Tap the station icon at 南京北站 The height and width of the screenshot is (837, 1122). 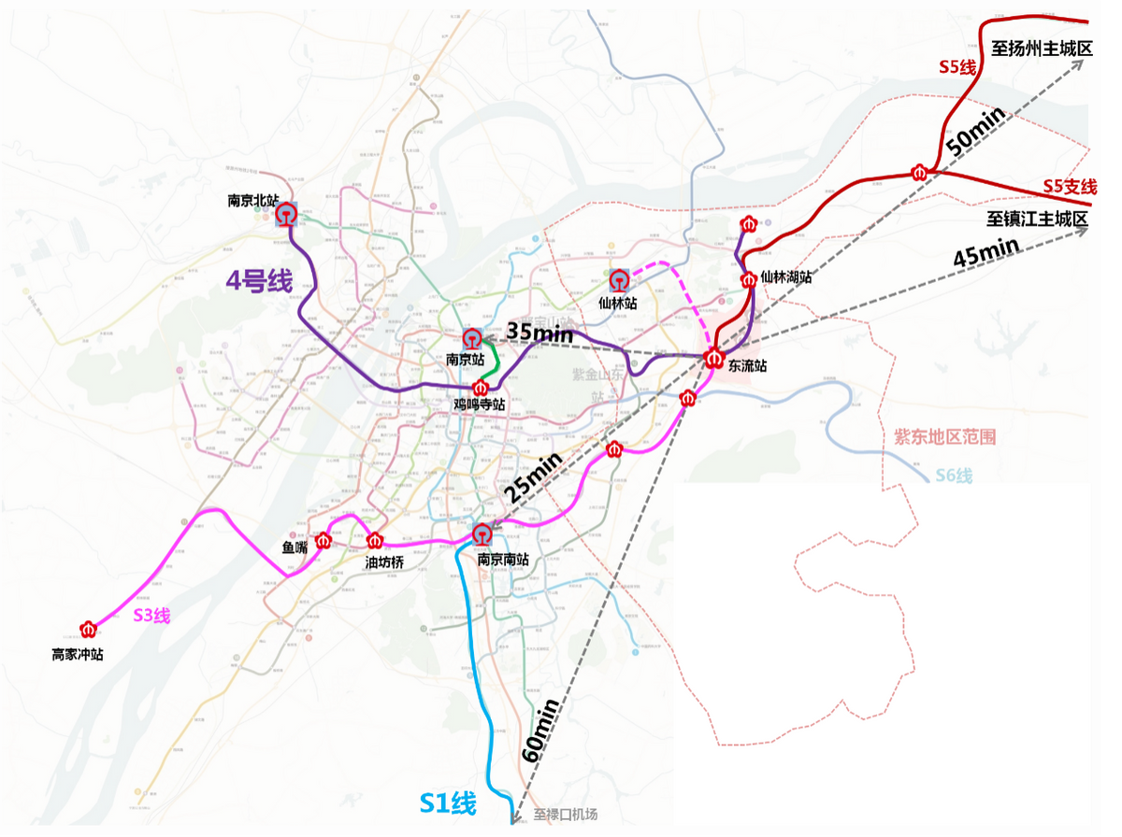[x=286, y=216]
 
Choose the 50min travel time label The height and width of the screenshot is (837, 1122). [x=976, y=131]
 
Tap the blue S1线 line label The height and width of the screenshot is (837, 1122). [x=448, y=803]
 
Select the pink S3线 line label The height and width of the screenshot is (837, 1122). [x=151, y=615]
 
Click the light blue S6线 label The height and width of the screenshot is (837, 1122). [x=954, y=476]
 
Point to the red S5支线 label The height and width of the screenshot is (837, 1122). [x=1070, y=187]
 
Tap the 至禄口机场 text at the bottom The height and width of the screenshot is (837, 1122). [x=565, y=814]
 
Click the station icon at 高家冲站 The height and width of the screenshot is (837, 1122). [x=89, y=630]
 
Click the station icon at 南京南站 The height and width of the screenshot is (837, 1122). [x=482, y=534]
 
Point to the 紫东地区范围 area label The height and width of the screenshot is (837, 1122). [x=944, y=436]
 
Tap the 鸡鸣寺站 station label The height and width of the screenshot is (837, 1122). [x=480, y=404]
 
